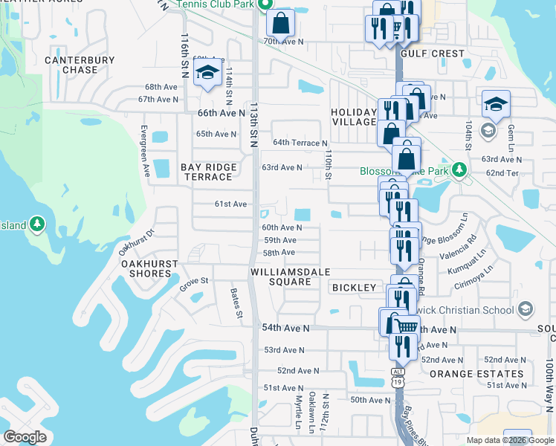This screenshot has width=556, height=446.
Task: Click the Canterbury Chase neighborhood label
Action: coord(71,65)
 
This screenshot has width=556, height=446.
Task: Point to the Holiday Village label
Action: coord(354,117)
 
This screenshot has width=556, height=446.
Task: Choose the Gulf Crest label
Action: coord(433,54)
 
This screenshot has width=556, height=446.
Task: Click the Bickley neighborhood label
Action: coord(355,287)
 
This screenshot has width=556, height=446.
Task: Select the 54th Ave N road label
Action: coord(284,328)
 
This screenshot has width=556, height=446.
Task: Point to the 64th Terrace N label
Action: coord(300,143)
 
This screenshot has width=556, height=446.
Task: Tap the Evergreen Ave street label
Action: coord(146,150)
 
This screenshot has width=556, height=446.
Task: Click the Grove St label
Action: coord(194,282)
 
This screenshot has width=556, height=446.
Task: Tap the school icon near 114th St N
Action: coord(207,73)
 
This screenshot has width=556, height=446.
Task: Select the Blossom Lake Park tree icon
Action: coord(459,170)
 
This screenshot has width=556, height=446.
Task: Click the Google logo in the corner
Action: coord(25,437)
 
